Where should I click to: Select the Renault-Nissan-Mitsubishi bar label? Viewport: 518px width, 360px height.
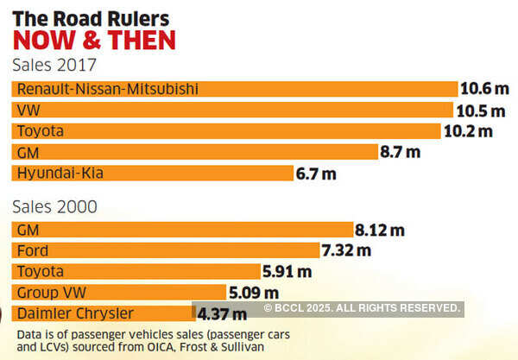click(x=107, y=90)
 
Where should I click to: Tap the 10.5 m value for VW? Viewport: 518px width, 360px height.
click(x=480, y=111)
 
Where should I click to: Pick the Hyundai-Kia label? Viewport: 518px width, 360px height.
click(x=57, y=173)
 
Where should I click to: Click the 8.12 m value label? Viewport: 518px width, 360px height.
click(x=380, y=231)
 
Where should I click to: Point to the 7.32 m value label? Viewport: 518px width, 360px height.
click(x=346, y=251)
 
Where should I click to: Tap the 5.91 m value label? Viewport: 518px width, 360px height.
click(x=287, y=272)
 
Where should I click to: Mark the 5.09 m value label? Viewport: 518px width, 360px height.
click(x=254, y=293)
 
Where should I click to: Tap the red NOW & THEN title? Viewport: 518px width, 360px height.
click(x=93, y=40)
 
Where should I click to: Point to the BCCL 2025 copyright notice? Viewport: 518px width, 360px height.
click(x=362, y=308)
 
